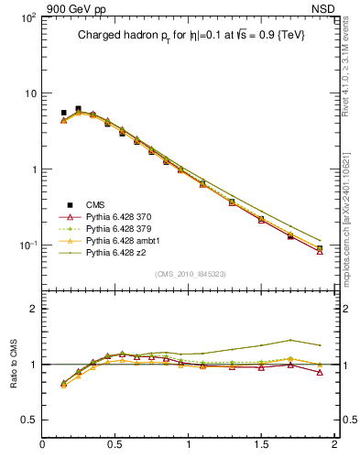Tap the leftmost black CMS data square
pyautogui.click(x=63, y=113)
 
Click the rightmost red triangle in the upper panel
pyautogui.click(x=320, y=251)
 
